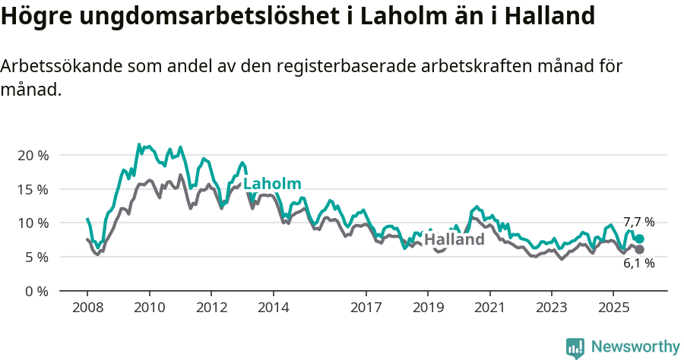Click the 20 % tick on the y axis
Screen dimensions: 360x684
pyautogui.click(x=33, y=155)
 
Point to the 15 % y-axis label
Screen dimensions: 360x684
pyautogui.click(x=33, y=189)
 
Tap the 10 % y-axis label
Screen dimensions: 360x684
pyautogui.click(x=33, y=223)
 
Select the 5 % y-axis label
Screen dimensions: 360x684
pyautogui.click(x=36, y=257)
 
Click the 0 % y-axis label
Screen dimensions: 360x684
pyautogui.click(x=36, y=291)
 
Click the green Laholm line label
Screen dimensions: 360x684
pyautogui.click(x=272, y=184)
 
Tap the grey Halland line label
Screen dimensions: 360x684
pyautogui.click(x=454, y=240)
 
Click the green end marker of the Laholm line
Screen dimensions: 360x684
pyautogui.click(x=639, y=238)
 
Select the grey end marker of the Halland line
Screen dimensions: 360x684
pyautogui.click(x=639, y=249)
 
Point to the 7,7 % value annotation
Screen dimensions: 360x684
pyautogui.click(x=638, y=223)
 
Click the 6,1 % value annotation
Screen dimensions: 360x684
pyautogui.click(x=638, y=264)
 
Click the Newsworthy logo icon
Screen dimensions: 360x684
pyautogui.click(x=575, y=348)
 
